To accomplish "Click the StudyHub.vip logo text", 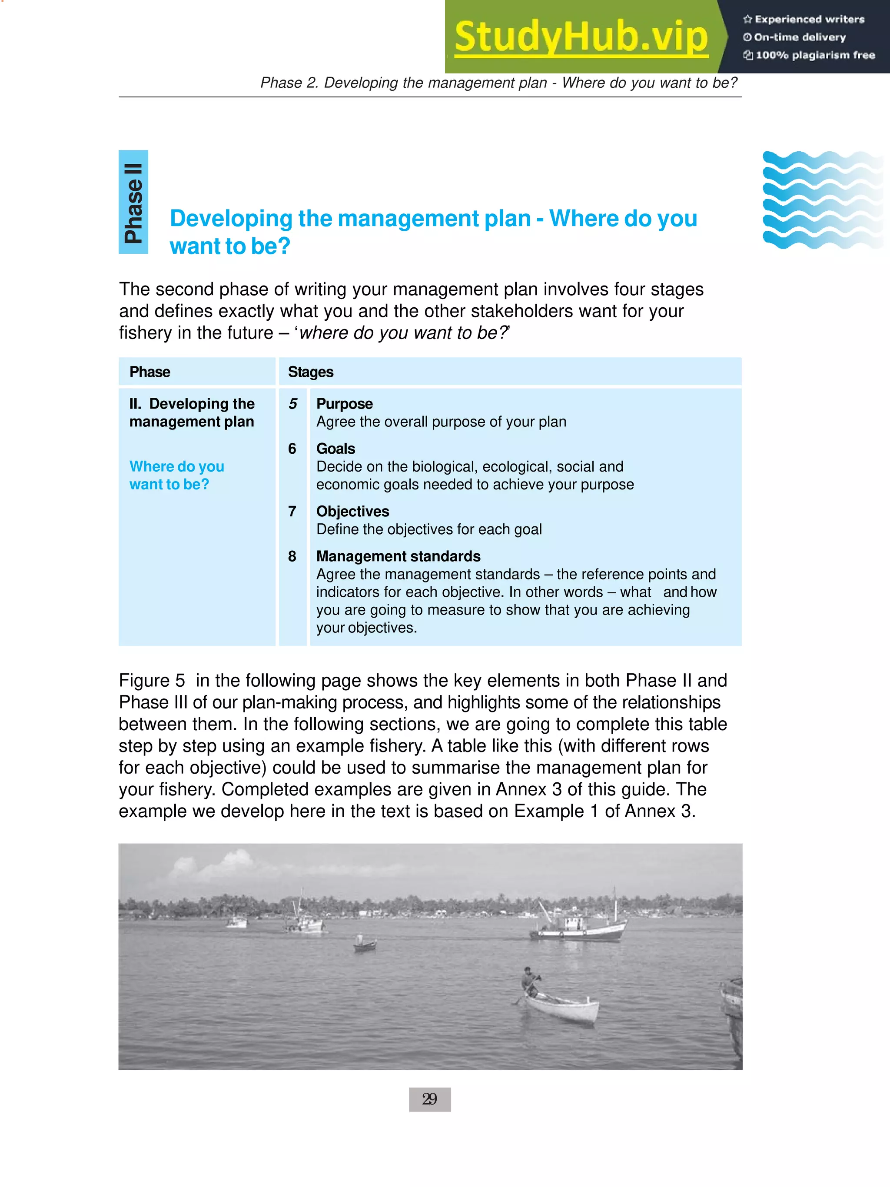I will pyautogui.click(x=581, y=37).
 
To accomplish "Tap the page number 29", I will pyautogui.click(x=430, y=1100).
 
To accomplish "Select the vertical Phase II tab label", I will pyautogui.click(x=133, y=202).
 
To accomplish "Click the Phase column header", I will pyautogui.click(x=149, y=372).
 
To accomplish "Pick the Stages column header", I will pyautogui.click(x=311, y=372).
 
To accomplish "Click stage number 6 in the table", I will pyautogui.click(x=292, y=449).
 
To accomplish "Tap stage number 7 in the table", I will pyautogui.click(x=292, y=512).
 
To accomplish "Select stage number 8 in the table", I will pyautogui.click(x=292, y=556).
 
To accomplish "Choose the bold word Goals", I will pyautogui.click(x=336, y=449).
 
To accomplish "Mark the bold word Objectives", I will pyautogui.click(x=353, y=512).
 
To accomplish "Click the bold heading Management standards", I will pyautogui.click(x=398, y=556).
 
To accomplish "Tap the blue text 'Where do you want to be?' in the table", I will pyautogui.click(x=176, y=475).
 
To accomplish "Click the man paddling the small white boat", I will pyautogui.click(x=530, y=981).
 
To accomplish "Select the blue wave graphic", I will pyautogui.click(x=822, y=199).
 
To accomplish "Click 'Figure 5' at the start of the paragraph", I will pyautogui.click(x=151, y=681).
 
